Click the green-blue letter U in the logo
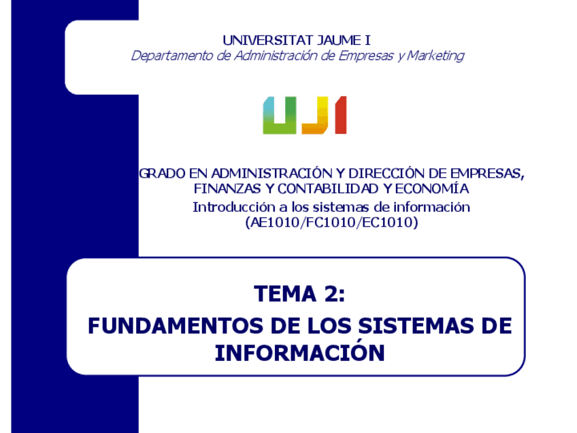click(280, 115)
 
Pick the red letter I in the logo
click(340, 115)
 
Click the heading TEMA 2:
click(299, 294)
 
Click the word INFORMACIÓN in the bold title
click(299, 353)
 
